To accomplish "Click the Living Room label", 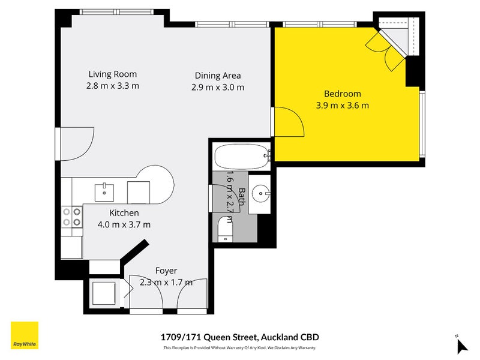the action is click(x=113, y=74).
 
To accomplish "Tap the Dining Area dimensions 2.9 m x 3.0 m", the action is click(x=218, y=87).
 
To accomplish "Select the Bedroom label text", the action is click(x=342, y=94).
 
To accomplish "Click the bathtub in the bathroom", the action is click(x=242, y=157).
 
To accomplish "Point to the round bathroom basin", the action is click(x=260, y=193).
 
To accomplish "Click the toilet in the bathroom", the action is click(x=225, y=229).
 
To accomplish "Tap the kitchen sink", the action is click(x=104, y=193).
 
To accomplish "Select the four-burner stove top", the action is click(x=72, y=217).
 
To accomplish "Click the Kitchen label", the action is click(x=124, y=213).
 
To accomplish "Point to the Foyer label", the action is click(x=166, y=271).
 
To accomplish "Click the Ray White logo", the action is click(x=25, y=335).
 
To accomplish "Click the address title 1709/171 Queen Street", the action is click(x=209, y=337).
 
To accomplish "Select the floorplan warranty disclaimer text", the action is click(x=239, y=348).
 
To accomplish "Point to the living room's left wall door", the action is click(x=58, y=144).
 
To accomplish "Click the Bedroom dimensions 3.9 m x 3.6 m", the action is click(x=342, y=106).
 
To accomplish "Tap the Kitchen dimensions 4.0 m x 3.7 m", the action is click(x=124, y=224).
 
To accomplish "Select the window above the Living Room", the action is click(x=116, y=12).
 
